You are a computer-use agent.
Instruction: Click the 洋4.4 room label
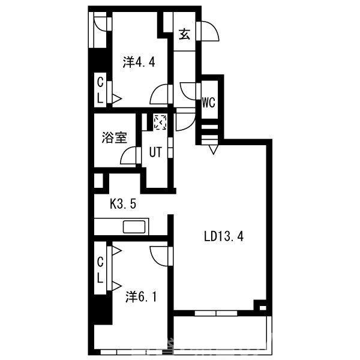(x=139, y=62)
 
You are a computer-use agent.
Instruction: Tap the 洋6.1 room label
(x=141, y=297)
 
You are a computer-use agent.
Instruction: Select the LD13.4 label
(x=224, y=236)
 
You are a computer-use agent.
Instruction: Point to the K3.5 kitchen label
(x=123, y=203)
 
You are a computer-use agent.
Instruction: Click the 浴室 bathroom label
(x=115, y=138)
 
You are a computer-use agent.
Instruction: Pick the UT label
(x=155, y=152)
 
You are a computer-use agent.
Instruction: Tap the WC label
(x=208, y=103)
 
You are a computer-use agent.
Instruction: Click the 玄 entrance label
(x=184, y=34)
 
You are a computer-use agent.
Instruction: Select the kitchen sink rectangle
(x=134, y=227)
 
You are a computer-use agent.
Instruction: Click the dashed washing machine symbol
(x=160, y=122)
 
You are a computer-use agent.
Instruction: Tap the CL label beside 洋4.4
(x=100, y=91)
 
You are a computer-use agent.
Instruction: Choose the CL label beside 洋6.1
(x=100, y=270)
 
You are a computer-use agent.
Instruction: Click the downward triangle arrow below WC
(x=213, y=149)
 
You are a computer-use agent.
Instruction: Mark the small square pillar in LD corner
(x=263, y=308)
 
